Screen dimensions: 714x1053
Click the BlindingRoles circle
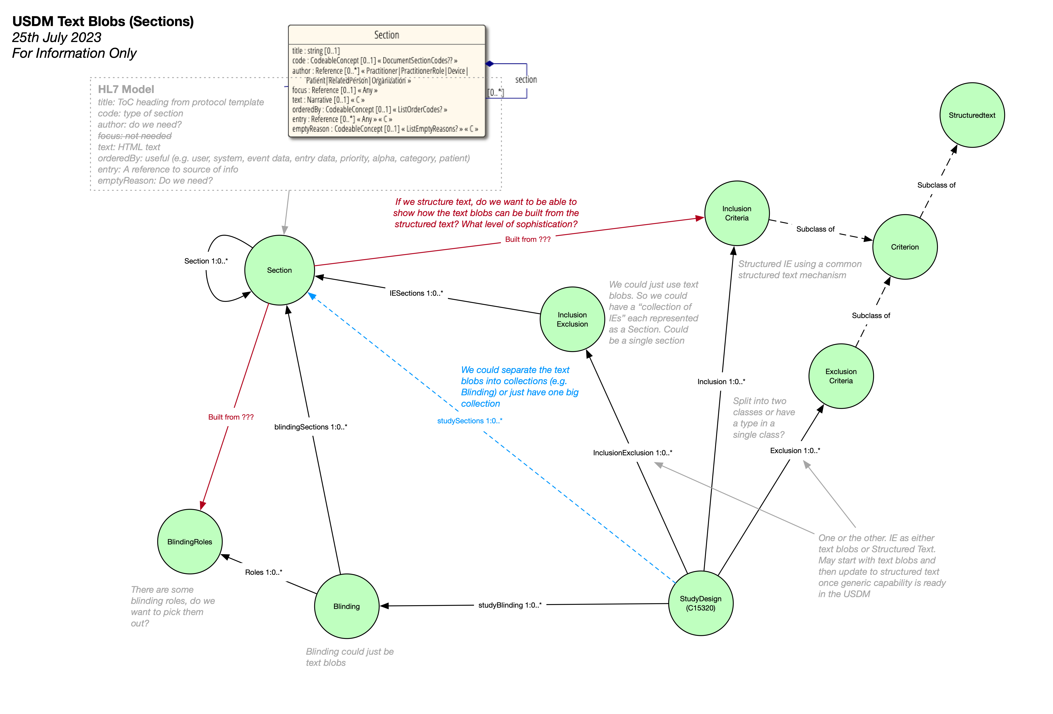click(190, 542)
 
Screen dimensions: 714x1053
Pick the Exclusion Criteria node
click(841, 376)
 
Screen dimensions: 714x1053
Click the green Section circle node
click(280, 270)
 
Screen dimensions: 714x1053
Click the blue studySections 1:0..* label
click(469, 421)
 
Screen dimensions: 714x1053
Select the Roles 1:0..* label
click(263, 572)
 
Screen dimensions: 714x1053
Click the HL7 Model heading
click(126, 89)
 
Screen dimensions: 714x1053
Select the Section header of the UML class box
click(386, 35)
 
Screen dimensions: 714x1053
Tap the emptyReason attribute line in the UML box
click(385, 129)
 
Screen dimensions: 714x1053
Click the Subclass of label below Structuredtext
click(936, 185)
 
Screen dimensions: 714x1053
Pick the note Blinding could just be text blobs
click(349, 657)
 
